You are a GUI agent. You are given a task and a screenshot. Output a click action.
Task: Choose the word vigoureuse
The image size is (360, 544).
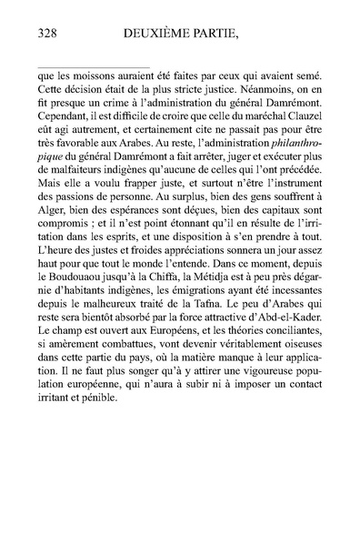(270, 418)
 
